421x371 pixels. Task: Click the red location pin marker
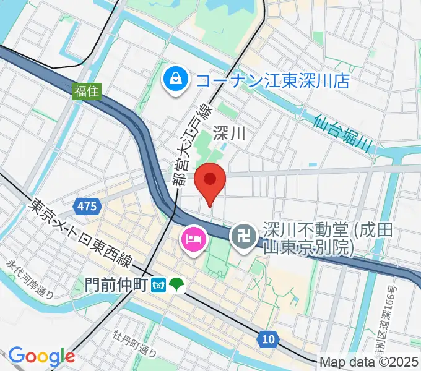click(x=209, y=181)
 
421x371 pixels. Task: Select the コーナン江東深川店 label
click(x=273, y=80)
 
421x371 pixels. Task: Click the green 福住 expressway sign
click(x=84, y=92)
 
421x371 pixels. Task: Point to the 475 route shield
click(x=87, y=207)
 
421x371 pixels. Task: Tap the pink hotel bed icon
click(x=193, y=238)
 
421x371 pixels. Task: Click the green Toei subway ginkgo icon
click(x=177, y=285)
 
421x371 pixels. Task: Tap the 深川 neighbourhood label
click(x=230, y=132)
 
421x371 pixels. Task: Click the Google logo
click(x=41, y=356)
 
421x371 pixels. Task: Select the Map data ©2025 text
click(x=369, y=362)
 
